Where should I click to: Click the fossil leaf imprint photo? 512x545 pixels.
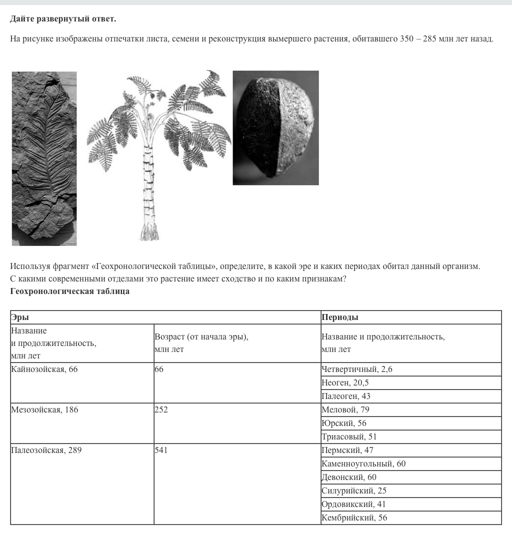click(x=44, y=158)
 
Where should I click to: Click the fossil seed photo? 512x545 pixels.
click(x=275, y=128)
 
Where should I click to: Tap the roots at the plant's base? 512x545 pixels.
click(x=149, y=231)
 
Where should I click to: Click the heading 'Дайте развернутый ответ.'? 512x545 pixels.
click(x=63, y=19)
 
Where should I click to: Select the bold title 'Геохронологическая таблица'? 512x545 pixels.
click(x=70, y=291)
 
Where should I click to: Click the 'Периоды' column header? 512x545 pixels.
click(x=340, y=317)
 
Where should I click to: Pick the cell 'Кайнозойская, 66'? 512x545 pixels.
click(x=44, y=369)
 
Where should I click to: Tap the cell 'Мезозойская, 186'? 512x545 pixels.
click(x=44, y=410)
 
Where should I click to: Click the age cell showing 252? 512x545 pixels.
click(x=161, y=410)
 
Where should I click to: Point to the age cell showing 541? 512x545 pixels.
click(x=161, y=450)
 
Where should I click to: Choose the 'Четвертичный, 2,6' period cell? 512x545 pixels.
click(x=357, y=369)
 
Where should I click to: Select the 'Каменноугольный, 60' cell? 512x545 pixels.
click(x=363, y=464)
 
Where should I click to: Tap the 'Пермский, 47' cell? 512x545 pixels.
click(x=347, y=450)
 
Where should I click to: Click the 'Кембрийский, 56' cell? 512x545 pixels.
click(x=354, y=518)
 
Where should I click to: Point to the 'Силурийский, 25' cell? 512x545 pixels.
click(x=354, y=491)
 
